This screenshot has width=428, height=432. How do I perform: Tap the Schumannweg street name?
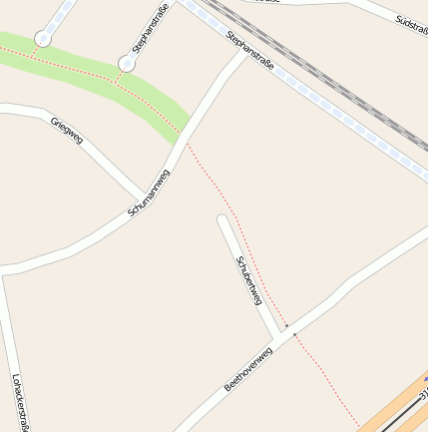click(149, 194)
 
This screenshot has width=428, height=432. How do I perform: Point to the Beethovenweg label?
click(247, 369)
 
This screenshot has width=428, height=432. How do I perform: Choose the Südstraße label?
click(410, 20)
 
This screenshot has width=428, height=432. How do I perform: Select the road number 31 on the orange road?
click(423, 396)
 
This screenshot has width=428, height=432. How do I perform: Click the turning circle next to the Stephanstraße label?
click(127, 64)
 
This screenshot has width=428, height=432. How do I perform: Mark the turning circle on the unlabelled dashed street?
click(43, 39)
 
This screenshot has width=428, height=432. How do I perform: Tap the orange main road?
click(394, 409)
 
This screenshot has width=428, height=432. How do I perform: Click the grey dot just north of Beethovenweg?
click(286, 325)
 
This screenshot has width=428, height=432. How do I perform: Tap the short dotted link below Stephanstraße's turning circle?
click(119, 75)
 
